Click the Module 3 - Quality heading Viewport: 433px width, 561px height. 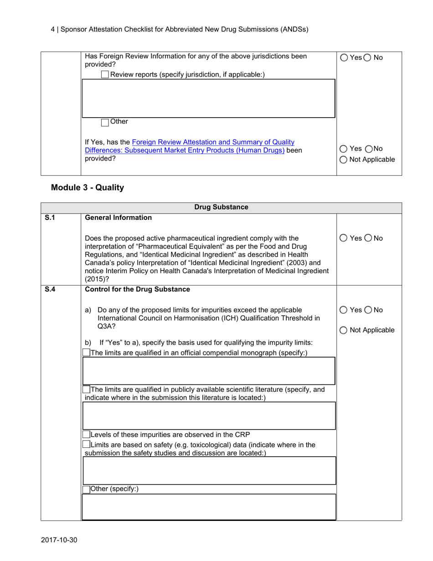tap(87, 187)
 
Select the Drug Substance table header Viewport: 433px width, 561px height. tap(221, 208)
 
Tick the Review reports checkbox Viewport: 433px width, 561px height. tap(105, 75)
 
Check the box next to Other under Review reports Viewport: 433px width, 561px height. tap(105, 122)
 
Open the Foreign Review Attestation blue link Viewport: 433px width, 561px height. tap(190, 143)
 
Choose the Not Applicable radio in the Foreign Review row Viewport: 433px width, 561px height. tap(344, 160)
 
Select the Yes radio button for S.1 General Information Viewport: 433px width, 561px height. tap(344, 238)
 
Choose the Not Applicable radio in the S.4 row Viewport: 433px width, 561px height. tap(344, 330)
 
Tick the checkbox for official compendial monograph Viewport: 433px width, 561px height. tap(86, 353)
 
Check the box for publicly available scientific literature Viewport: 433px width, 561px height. tap(86, 390)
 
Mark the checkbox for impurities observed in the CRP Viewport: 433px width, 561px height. tap(86, 434)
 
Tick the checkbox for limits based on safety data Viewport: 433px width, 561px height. tap(86, 445)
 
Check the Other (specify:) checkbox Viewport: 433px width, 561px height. tap(86, 489)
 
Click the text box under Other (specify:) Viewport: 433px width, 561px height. tap(208, 507)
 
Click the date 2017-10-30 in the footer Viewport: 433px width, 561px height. tap(59, 540)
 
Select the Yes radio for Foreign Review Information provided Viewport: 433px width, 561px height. tap(344, 58)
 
